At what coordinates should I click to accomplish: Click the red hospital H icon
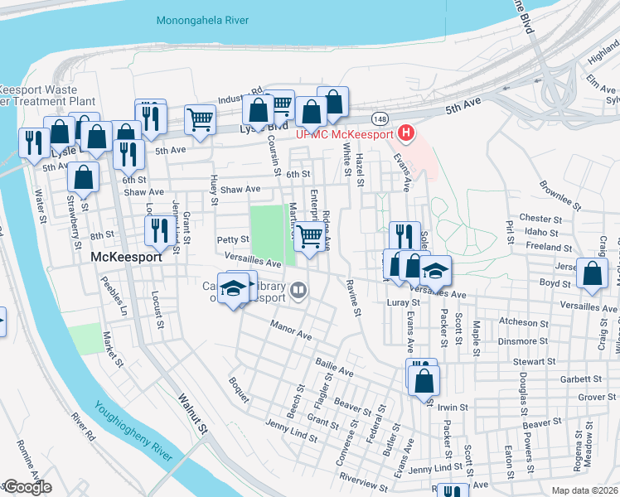click(x=406, y=132)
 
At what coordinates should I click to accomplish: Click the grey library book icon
click(x=298, y=290)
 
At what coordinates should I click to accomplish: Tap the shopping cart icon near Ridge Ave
click(x=309, y=236)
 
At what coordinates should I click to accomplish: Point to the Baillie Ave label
click(x=333, y=367)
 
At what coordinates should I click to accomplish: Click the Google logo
click(x=27, y=487)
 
